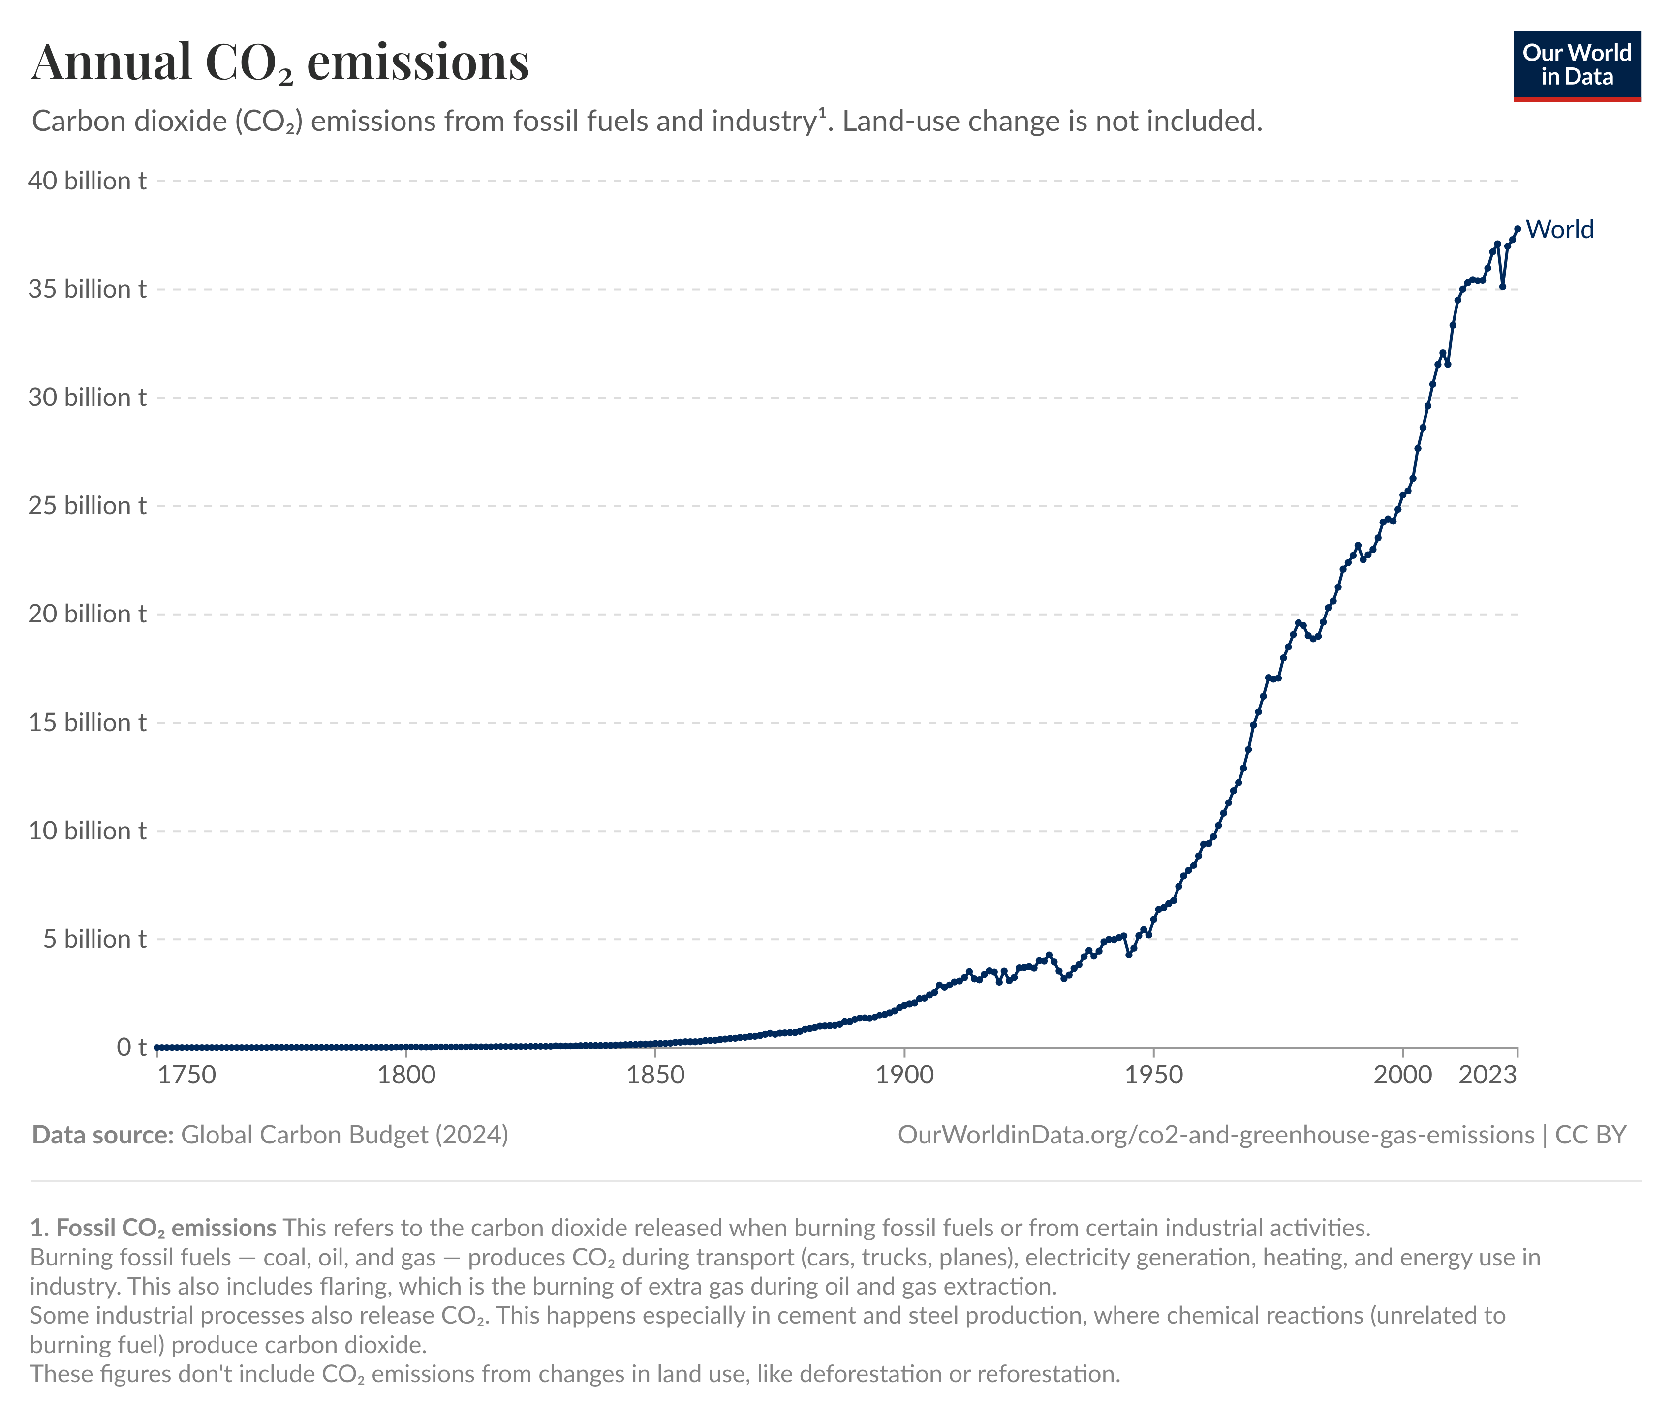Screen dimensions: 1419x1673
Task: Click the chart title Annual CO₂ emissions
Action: [280, 63]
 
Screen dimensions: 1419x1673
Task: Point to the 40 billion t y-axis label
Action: [87, 181]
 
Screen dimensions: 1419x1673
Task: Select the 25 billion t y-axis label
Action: [87, 506]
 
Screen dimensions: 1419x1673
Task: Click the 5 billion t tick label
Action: [94, 940]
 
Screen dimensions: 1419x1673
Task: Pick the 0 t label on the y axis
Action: [131, 1048]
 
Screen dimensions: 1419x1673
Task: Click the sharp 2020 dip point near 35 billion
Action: [1502, 286]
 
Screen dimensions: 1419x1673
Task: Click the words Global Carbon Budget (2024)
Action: [344, 1135]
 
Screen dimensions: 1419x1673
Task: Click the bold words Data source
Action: [103, 1135]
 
